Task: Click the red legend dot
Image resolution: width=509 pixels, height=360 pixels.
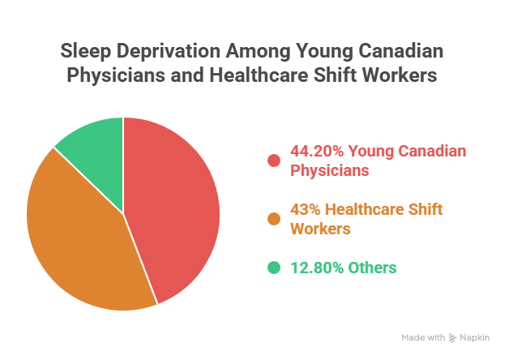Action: click(x=273, y=161)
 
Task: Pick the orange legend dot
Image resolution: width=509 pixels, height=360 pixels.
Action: click(x=273, y=219)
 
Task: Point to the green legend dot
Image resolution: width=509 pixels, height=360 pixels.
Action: click(x=273, y=268)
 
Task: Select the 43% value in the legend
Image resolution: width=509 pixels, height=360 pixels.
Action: click(x=304, y=210)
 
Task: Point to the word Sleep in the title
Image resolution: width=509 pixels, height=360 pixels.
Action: click(x=83, y=51)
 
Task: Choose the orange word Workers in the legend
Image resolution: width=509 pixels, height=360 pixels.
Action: click(x=320, y=229)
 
